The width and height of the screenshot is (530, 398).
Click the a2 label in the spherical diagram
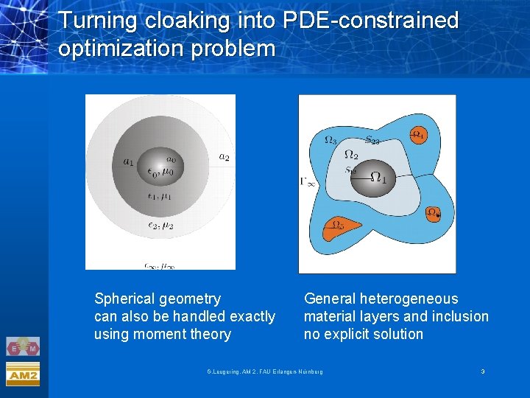pyautogui.click(x=224, y=156)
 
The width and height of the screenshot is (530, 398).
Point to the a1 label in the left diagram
pyautogui.click(x=129, y=161)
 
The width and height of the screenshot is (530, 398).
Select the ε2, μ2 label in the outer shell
pyautogui.click(x=160, y=226)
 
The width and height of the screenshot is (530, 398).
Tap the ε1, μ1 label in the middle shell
pyautogui.click(x=160, y=197)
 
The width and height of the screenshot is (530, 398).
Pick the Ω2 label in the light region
pyautogui.click(x=351, y=155)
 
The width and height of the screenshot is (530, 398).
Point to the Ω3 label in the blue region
pyautogui.click(x=331, y=140)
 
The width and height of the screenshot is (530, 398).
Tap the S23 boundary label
pyautogui.click(x=372, y=139)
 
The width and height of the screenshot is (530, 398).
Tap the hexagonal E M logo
pyautogui.click(x=23, y=346)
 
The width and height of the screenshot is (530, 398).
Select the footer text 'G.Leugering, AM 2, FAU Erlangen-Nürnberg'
pyautogui.click(x=264, y=371)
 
